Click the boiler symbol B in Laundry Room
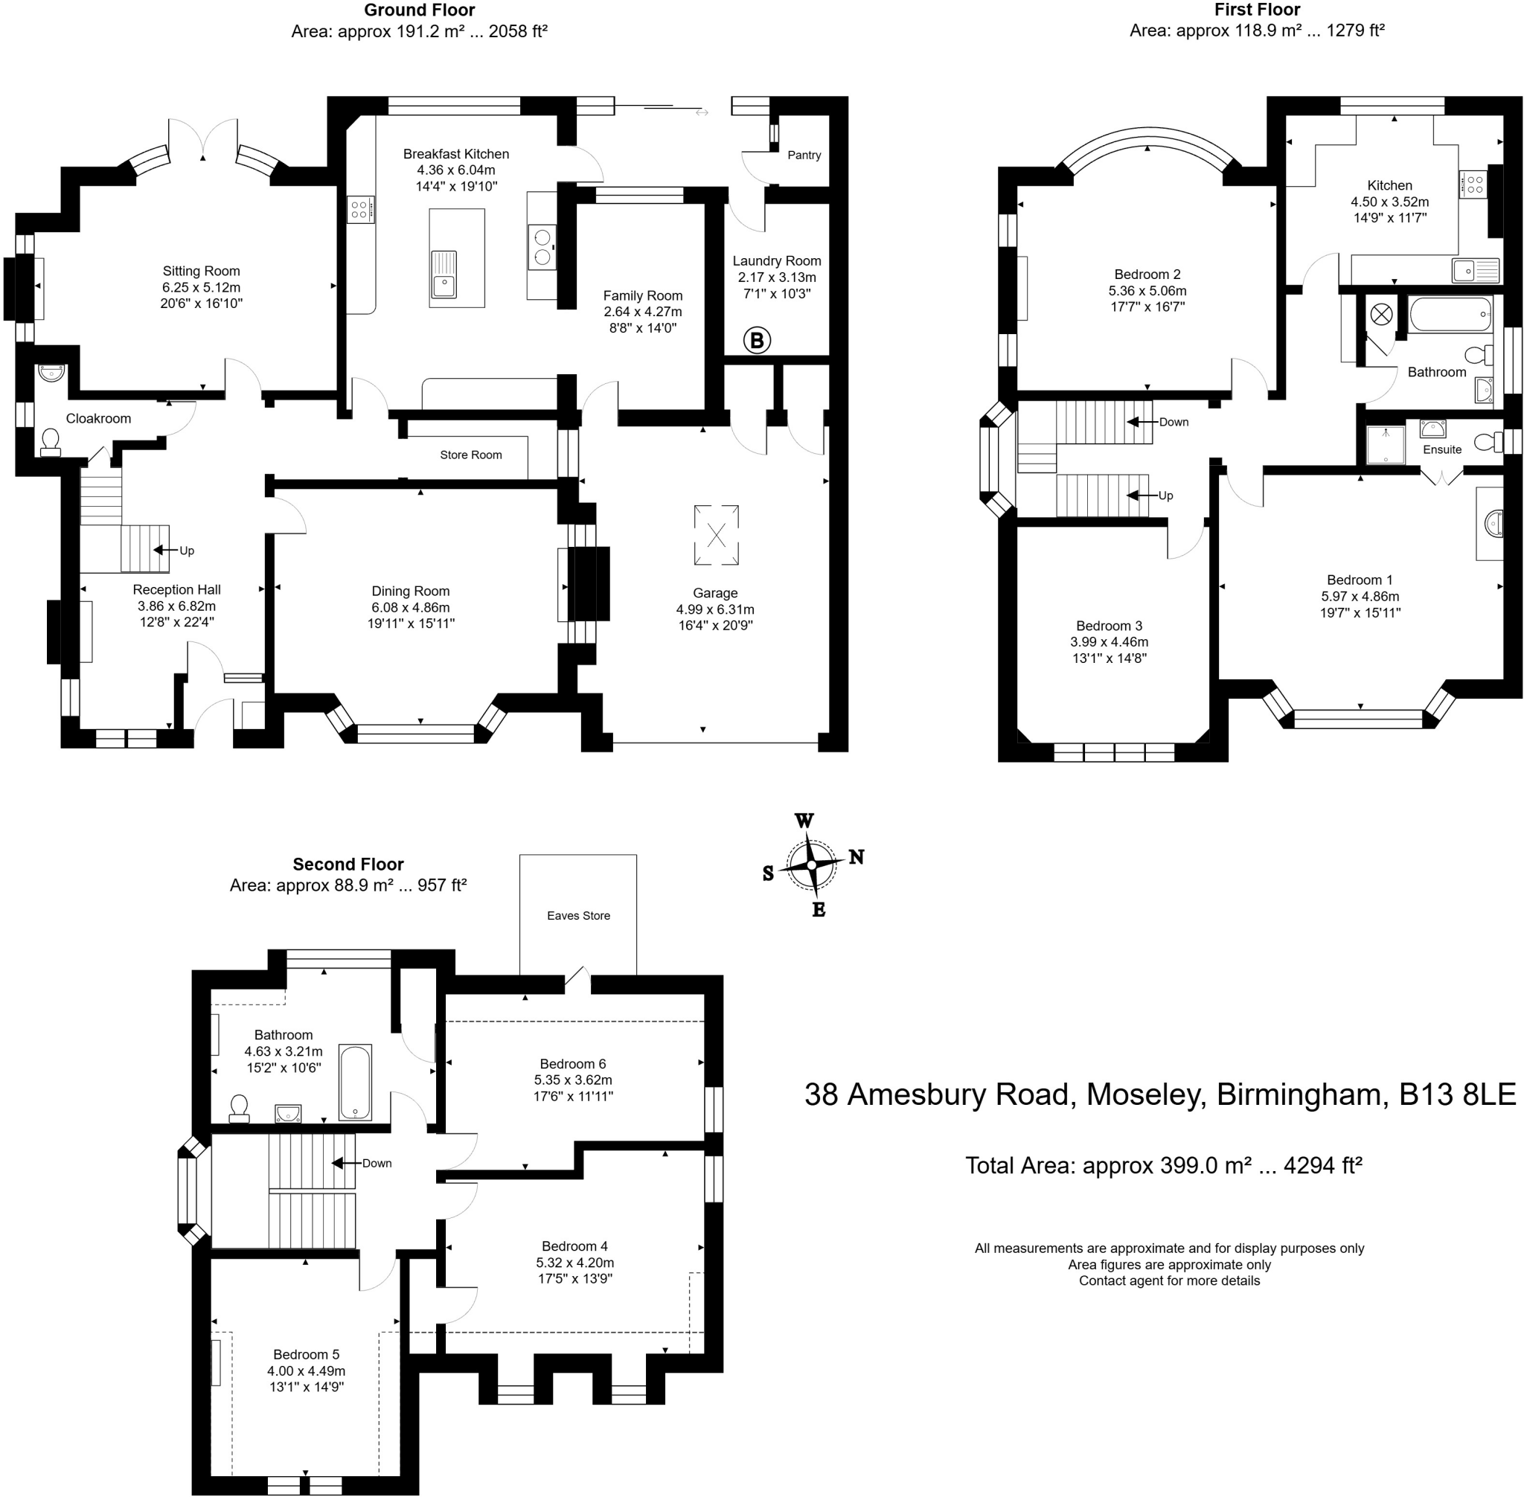pos(757,341)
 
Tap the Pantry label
pos(804,155)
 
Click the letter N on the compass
pos(857,857)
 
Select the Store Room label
pos(470,455)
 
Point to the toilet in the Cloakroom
pos(51,442)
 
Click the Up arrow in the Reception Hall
pos(163,551)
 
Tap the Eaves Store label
pos(578,915)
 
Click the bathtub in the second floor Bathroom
pos(355,1082)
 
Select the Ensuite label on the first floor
pos(1441,449)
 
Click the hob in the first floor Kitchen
pos(1473,185)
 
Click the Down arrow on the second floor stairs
pos(342,1163)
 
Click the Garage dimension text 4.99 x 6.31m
pos(715,609)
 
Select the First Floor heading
pos(1257,10)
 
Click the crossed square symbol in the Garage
pos(717,536)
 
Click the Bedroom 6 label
pos(572,1064)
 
